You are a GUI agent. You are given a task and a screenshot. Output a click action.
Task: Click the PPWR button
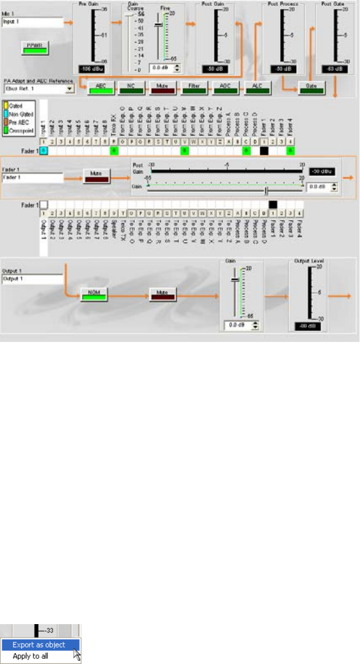coord(33,48)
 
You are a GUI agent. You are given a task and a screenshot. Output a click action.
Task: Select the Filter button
coord(193,88)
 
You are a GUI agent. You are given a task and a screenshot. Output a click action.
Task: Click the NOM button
coord(93,293)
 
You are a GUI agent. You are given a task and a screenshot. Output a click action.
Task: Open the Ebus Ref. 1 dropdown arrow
coord(70,89)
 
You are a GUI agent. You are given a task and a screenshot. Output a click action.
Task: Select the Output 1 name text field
coord(32,279)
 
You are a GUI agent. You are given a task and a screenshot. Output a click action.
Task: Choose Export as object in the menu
coord(39,645)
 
